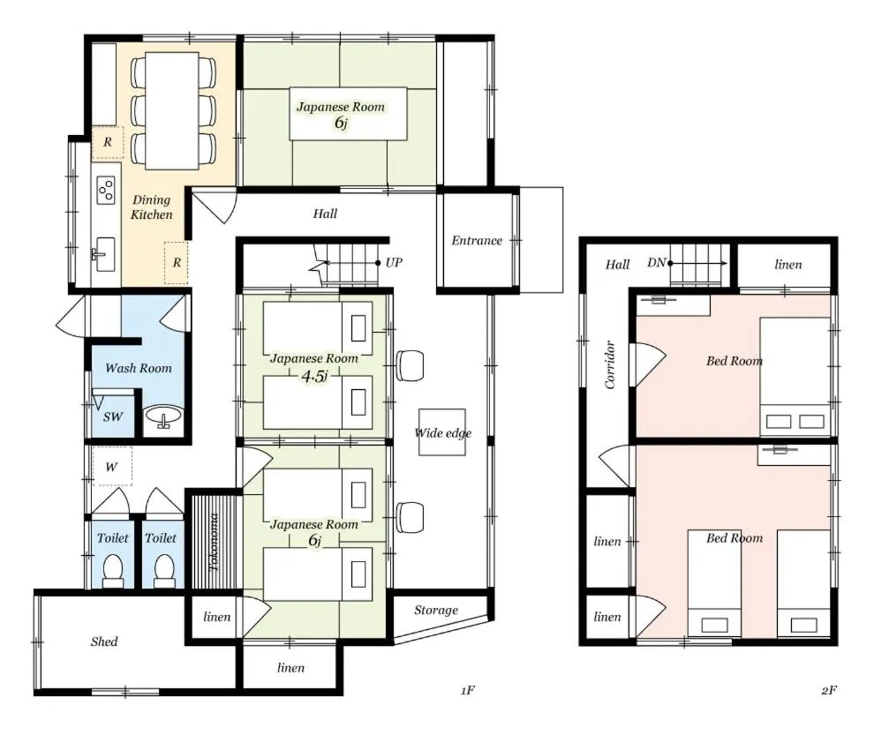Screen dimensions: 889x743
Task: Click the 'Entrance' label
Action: pos(477,240)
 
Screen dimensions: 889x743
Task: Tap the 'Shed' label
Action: pos(104,642)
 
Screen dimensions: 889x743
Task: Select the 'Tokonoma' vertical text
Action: pos(214,542)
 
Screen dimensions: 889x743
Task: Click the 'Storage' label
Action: pos(435,611)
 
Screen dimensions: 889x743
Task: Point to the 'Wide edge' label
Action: pos(443,433)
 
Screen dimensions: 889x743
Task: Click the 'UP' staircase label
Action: pos(394,262)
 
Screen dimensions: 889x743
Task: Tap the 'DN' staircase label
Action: pos(656,263)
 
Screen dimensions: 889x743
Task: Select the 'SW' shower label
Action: pos(113,417)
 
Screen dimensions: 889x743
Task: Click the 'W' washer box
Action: pos(112,467)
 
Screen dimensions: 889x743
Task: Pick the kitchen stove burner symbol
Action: pos(106,190)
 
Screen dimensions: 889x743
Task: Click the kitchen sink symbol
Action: pos(105,254)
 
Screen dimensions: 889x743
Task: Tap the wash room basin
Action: pos(163,417)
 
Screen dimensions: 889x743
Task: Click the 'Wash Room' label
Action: pos(139,368)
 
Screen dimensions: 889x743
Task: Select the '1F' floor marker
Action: pos(468,690)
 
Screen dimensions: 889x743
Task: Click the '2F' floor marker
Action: pos(828,690)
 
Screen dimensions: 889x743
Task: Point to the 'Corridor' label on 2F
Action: pos(610,364)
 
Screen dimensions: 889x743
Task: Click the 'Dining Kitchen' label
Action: pos(151,206)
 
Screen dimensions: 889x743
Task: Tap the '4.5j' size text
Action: pos(314,376)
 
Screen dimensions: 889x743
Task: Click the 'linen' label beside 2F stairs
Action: pos(788,265)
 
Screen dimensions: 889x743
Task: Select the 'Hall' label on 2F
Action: pos(617,265)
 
